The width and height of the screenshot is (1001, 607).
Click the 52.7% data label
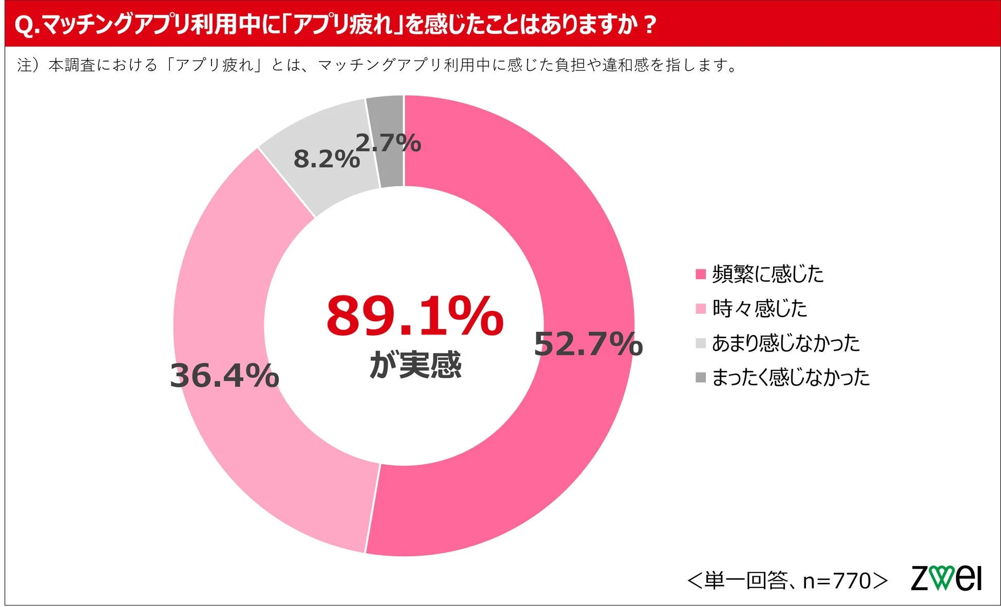[588, 344]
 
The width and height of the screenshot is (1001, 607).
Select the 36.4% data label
[224, 376]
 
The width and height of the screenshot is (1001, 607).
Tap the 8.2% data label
[326, 159]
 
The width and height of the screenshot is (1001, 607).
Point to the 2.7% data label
[388, 143]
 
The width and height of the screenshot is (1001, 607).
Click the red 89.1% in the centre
[415, 316]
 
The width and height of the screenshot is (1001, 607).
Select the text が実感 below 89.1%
[415, 365]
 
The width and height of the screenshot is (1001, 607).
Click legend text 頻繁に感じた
[767, 274]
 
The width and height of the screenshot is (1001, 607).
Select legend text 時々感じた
[759, 308]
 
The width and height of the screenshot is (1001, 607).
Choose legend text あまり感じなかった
[785, 343]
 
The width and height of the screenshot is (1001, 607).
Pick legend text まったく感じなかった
[791, 377]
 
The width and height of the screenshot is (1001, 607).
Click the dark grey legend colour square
[701, 378]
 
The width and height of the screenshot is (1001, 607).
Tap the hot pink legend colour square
[701, 274]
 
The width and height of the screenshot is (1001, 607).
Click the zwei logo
[946, 578]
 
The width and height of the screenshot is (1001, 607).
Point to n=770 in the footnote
[837, 581]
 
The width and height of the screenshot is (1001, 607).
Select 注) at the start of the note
[28, 65]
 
